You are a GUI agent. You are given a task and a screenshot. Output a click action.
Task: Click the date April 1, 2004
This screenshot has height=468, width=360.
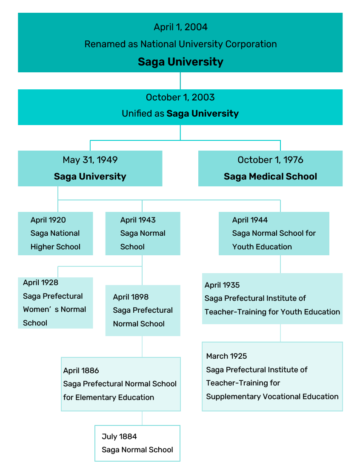point(180,27)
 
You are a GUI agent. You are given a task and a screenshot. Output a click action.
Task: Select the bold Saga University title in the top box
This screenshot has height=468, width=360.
point(180,62)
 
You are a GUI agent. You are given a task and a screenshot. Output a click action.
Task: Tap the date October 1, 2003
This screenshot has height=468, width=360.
point(180,97)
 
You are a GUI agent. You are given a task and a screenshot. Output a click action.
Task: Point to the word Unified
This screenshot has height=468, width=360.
point(137,114)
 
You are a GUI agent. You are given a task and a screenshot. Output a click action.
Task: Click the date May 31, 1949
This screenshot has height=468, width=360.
point(90,160)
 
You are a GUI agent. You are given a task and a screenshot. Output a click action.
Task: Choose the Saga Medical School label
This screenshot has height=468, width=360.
point(270,177)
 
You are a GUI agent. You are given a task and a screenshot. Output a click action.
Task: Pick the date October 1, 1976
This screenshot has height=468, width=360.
point(270,160)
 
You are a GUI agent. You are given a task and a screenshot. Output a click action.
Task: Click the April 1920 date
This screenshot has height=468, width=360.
point(48,220)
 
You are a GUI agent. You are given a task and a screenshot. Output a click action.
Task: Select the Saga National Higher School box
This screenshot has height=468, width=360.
point(55,234)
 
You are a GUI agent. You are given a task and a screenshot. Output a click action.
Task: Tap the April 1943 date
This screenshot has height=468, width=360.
point(138,220)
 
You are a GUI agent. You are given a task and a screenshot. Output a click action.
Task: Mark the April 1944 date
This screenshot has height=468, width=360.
point(250,220)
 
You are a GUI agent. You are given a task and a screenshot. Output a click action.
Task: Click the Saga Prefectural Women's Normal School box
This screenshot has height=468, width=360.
point(55,303)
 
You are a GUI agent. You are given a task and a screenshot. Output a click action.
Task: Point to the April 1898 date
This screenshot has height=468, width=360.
point(131,297)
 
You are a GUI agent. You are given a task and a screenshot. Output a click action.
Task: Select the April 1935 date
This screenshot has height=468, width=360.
point(222,285)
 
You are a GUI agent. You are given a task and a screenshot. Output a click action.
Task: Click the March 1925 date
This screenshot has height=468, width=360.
point(226,356)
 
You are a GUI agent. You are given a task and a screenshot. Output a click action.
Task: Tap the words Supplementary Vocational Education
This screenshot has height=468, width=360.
point(272,397)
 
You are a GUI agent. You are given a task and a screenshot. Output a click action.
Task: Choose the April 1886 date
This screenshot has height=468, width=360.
point(81,371)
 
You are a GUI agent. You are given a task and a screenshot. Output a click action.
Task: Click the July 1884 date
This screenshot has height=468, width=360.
point(119,437)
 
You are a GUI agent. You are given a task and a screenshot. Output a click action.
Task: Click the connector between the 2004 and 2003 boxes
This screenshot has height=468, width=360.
point(180,81)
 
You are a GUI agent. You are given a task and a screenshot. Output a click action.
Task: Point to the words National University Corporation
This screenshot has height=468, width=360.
point(209,44)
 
